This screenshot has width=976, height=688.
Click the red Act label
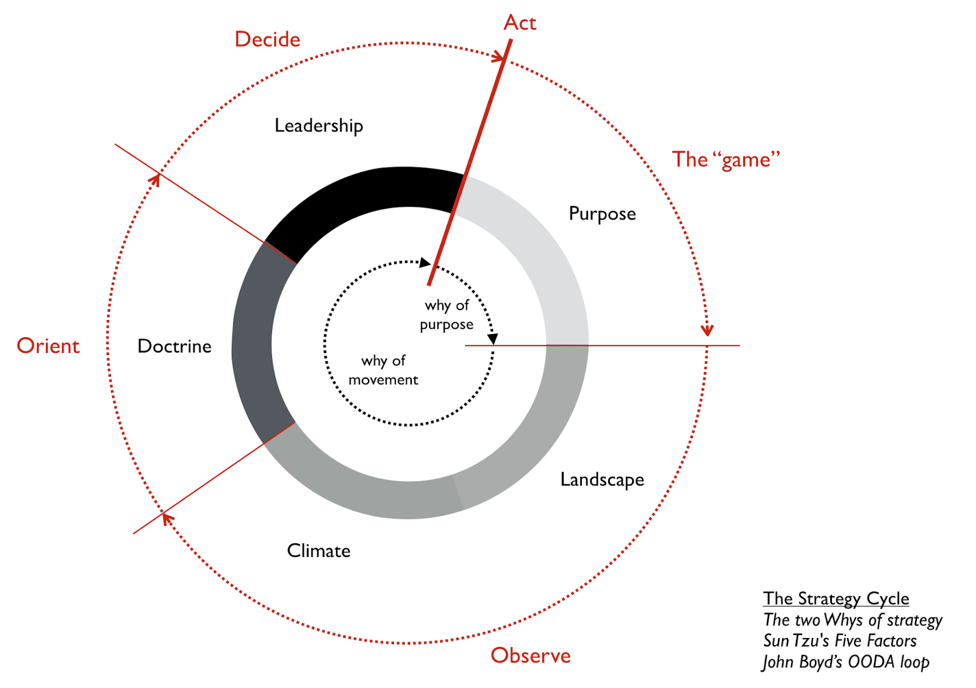[520, 23]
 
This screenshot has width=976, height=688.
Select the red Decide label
[267, 40]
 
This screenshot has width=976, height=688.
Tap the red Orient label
[48, 346]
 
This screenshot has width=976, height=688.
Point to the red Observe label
[531, 655]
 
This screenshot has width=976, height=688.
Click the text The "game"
[726, 160]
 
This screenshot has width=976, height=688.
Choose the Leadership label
[318, 126]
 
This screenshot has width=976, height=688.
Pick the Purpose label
[602, 214]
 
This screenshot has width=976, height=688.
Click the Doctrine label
[174, 346]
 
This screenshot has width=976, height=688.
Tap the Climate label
[318, 551]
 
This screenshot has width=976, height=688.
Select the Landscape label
[602, 480]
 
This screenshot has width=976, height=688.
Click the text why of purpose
[447, 315]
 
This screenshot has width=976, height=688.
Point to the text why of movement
[383, 370]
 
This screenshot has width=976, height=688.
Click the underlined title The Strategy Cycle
[836, 598]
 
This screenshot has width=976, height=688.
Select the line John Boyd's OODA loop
[845, 662]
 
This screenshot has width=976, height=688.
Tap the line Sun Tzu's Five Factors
[839, 640]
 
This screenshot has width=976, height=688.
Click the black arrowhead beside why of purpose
[493, 339]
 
